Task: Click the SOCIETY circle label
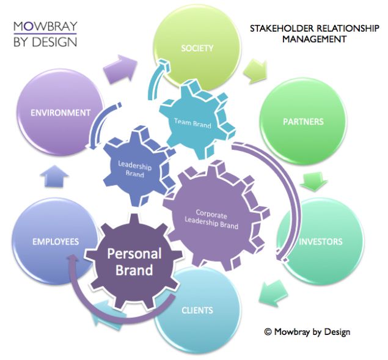(197, 48)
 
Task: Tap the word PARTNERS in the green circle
(303, 121)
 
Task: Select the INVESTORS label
(320, 241)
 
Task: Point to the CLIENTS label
(197, 310)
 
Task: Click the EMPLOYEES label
(56, 241)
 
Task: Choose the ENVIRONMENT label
(60, 112)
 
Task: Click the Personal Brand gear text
(134, 262)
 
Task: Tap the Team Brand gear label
(192, 123)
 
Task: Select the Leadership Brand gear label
(134, 169)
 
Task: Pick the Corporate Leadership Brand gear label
(211, 219)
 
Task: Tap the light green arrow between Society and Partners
(255, 71)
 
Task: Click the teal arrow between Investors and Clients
(273, 293)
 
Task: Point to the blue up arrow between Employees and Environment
(54, 176)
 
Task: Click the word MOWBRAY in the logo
(45, 26)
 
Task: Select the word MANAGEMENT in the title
(314, 39)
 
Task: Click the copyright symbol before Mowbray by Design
(268, 331)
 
